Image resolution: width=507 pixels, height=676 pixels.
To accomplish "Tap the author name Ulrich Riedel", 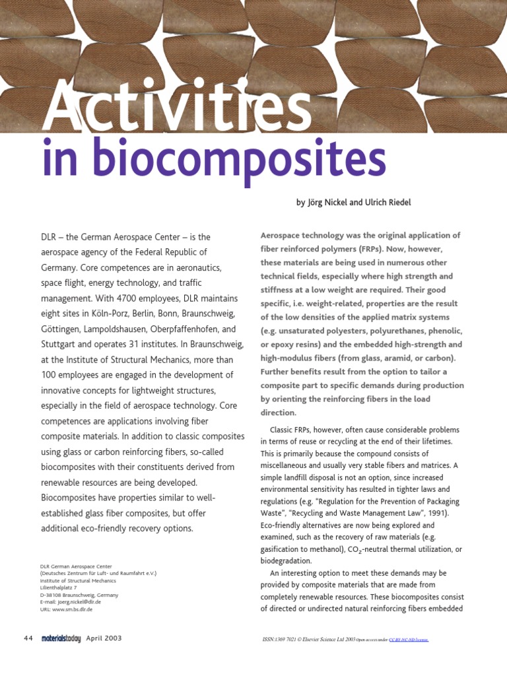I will pos(386,203).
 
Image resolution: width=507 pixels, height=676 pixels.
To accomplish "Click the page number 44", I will pos(28,639).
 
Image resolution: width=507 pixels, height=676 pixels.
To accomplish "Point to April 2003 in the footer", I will pos(104,639).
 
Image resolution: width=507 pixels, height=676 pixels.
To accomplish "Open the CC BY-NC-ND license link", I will pos(409,640).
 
